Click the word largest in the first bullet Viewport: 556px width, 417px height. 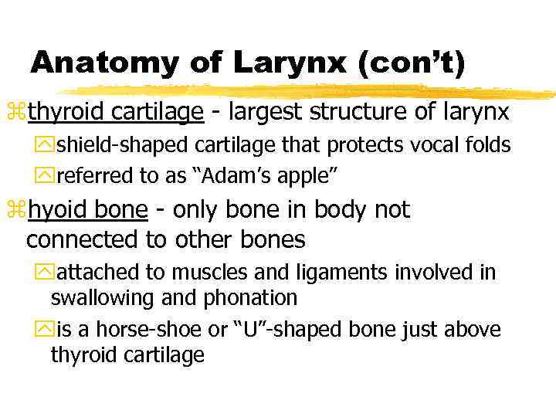[x=266, y=113]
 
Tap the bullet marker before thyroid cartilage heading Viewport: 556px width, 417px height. [x=19, y=114]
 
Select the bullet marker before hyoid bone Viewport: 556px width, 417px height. [x=19, y=211]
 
